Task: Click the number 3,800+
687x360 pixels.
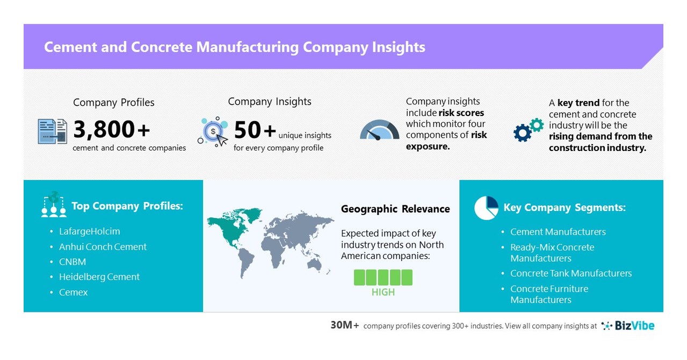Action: click(x=112, y=129)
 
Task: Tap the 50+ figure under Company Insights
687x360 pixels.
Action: click(x=254, y=130)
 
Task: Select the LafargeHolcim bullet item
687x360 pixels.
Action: click(x=89, y=232)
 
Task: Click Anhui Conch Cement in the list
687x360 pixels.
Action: click(x=103, y=247)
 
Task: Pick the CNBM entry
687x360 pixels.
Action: click(x=73, y=262)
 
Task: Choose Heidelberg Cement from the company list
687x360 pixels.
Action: click(x=99, y=277)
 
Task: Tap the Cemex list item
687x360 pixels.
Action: click(x=73, y=292)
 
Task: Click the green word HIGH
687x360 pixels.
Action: click(x=383, y=292)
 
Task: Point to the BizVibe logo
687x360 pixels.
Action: click(x=628, y=326)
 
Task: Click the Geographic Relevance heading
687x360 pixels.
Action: click(x=395, y=209)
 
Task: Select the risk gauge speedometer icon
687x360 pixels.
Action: click(x=380, y=130)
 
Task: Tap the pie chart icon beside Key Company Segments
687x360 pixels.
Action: click(x=486, y=208)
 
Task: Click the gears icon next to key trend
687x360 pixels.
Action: click(x=529, y=129)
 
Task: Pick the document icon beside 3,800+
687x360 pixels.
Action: click(x=52, y=131)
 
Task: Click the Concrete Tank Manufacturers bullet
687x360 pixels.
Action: click(x=570, y=273)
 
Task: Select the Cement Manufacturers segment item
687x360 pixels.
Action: click(x=558, y=232)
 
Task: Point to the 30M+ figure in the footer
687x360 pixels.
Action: click(x=345, y=326)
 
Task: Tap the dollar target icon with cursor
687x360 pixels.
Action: click(x=213, y=132)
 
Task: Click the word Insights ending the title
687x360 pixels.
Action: click(x=398, y=47)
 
